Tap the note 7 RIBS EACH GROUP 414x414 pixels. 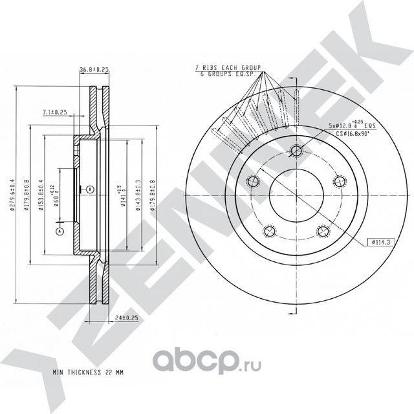tap(227, 67)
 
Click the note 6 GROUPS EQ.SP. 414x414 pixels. tap(227, 74)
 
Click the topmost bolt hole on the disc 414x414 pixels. tap(296, 152)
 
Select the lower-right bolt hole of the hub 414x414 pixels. tap(321, 230)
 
